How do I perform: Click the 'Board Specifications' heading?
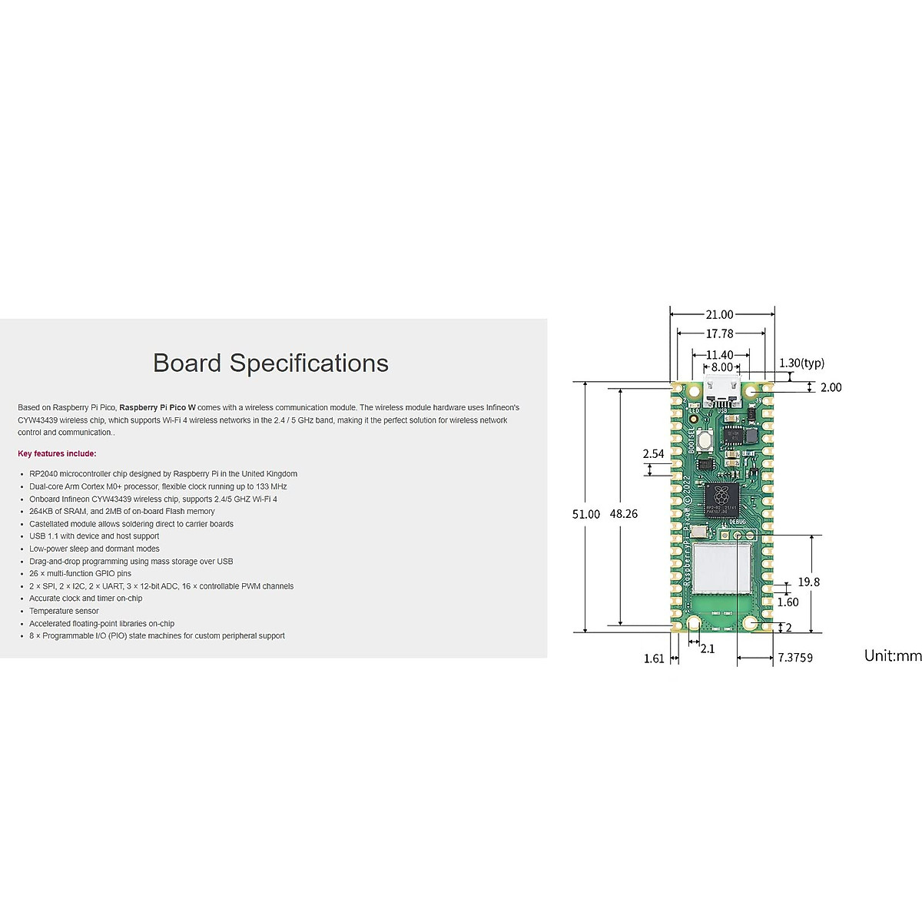[270, 363]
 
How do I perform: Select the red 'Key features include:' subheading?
[57, 454]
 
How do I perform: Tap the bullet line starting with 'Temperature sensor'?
[64, 611]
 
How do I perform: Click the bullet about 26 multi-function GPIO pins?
[80, 573]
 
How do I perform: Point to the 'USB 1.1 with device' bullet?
[94, 536]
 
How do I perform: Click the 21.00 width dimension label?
[719, 314]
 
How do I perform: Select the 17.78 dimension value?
[719, 333]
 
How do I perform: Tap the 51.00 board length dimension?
[585, 514]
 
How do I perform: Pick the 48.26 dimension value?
[623, 514]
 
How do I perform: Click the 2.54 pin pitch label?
[653, 453]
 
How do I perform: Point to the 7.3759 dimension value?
[795, 658]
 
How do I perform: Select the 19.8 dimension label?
[808, 582]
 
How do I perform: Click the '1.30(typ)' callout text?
[801, 363]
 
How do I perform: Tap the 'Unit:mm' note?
[892, 655]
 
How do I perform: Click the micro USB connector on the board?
[721, 393]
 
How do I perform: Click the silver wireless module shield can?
[721, 567]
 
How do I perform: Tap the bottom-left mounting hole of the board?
[694, 623]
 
